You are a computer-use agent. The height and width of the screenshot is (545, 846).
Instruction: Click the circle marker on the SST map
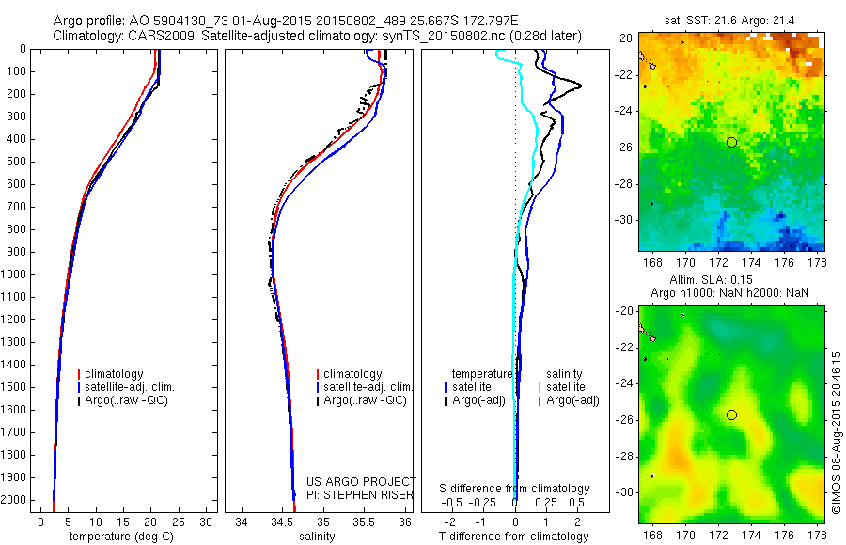coord(731,142)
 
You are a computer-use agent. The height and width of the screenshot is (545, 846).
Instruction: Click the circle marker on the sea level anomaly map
coord(731,414)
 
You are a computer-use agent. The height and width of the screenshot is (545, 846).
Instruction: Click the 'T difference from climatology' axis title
coord(515,537)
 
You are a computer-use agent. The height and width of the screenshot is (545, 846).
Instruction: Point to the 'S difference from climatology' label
coord(515,489)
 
